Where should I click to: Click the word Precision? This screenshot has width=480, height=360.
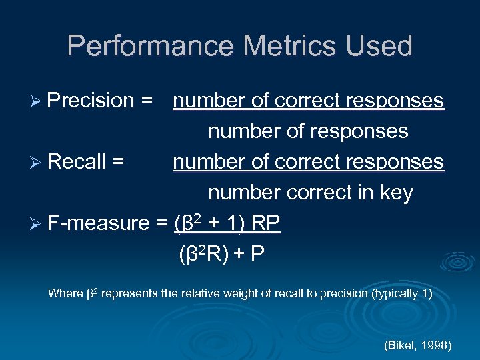(x=91, y=101)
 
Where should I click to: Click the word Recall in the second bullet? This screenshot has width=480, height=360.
(x=77, y=162)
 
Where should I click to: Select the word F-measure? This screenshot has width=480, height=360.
(x=101, y=223)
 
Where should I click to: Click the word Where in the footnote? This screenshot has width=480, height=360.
(x=65, y=293)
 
